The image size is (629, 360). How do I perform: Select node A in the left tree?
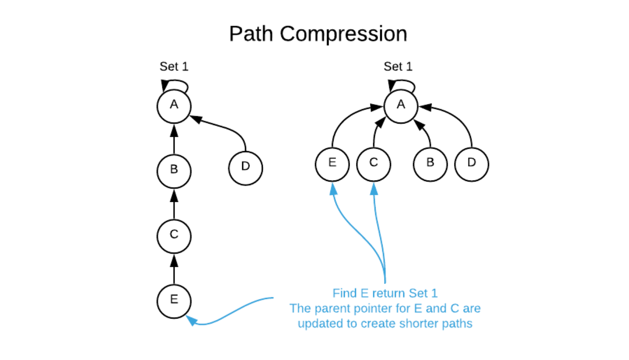point(174,105)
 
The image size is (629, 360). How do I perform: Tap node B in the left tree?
point(174,169)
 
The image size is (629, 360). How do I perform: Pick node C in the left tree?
point(174,235)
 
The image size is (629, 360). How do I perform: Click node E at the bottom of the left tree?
point(174,299)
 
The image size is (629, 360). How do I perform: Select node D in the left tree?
point(245,166)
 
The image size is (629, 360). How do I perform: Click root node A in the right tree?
point(401,105)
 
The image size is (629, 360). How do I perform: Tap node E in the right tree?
point(332,163)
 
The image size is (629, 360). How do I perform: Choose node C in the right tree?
point(374,163)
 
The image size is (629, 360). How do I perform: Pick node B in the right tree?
point(430,163)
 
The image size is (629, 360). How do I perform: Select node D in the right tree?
point(472,163)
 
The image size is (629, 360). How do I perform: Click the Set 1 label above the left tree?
point(174,67)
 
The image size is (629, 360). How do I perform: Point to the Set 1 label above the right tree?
point(398,67)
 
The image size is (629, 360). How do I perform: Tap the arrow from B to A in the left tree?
point(174,138)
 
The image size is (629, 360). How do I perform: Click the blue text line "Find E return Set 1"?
point(385,293)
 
